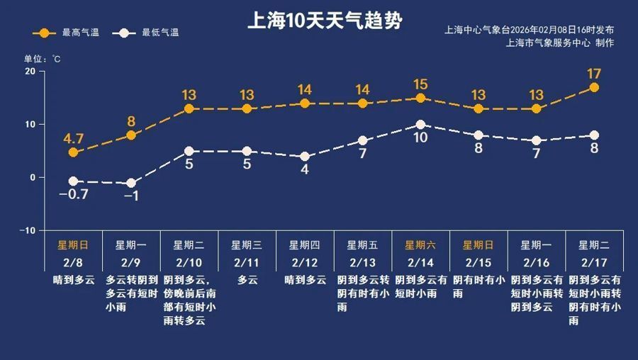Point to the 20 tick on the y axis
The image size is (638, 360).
(x=30, y=72)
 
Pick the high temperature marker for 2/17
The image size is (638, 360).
(x=594, y=88)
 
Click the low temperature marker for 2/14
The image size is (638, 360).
(x=420, y=125)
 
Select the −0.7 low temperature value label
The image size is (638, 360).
(x=72, y=194)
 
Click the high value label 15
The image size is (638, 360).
(x=420, y=84)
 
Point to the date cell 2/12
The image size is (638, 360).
(x=305, y=262)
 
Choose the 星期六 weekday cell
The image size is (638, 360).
(x=420, y=245)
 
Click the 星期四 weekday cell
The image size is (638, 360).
(x=305, y=245)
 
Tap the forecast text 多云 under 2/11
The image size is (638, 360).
(x=247, y=280)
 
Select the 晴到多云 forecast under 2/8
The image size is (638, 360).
(x=73, y=280)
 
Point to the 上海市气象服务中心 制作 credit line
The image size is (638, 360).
(x=560, y=43)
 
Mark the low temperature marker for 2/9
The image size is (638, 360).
(x=130, y=184)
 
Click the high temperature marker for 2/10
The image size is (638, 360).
(x=189, y=109)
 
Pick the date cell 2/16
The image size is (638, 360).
(x=537, y=262)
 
